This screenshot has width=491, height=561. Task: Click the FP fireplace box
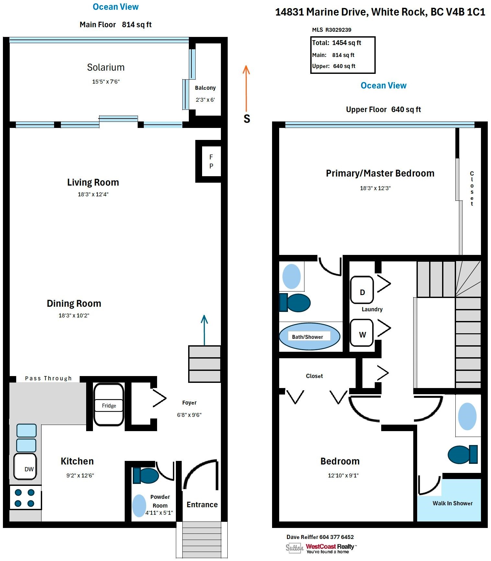pyautogui.click(x=211, y=161)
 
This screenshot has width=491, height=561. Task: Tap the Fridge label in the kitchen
pyautogui.click(x=109, y=406)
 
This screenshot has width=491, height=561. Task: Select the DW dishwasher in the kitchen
pyautogui.click(x=25, y=467)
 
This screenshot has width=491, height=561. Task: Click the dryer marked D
pyautogui.click(x=362, y=290)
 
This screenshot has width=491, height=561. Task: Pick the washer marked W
pyautogui.click(x=362, y=333)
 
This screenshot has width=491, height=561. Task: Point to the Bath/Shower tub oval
pyautogui.click(x=309, y=337)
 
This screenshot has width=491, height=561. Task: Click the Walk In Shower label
pyautogui.click(x=452, y=503)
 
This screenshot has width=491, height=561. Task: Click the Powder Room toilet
pyautogui.click(x=146, y=475)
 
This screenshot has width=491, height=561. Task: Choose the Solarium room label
pyautogui.click(x=106, y=67)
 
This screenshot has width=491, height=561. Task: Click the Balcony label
pyautogui.click(x=205, y=88)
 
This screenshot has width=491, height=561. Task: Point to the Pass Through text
pyautogui.click(x=48, y=378)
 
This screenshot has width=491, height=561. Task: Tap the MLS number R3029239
pyautogui.click(x=338, y=30)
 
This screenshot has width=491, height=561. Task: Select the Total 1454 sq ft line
pyautogui.click(x=337, y=43)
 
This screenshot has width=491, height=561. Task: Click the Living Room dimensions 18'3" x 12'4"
pyautogui.click(x=93, y=194)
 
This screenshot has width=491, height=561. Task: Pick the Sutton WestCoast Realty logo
pyautogui.click(x=321, y=548)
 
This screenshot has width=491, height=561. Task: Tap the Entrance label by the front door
pyautogui.click(x=202, y=505)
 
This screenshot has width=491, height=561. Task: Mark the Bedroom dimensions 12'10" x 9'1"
pyautogui.click(x=343, y=475)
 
